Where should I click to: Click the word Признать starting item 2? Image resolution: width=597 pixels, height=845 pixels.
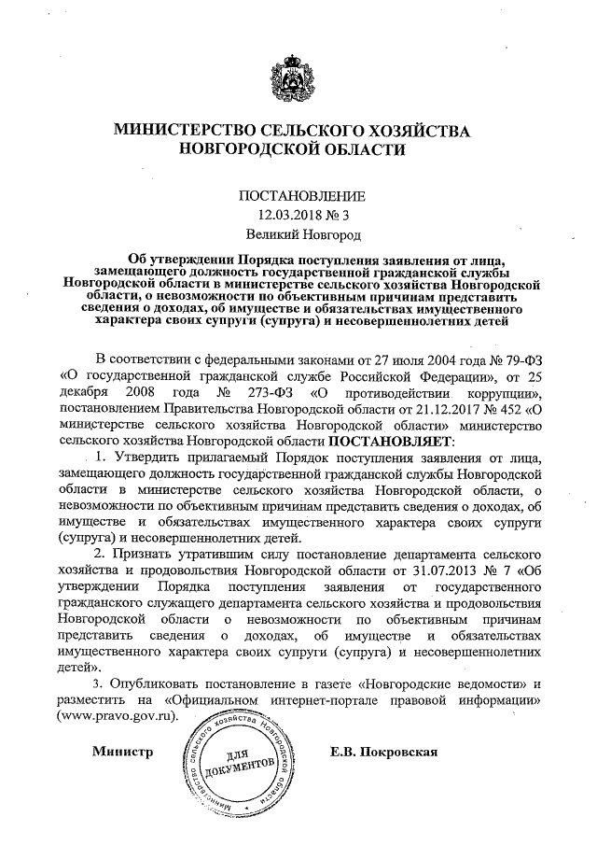pyautogui.click(x=143, y=554)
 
